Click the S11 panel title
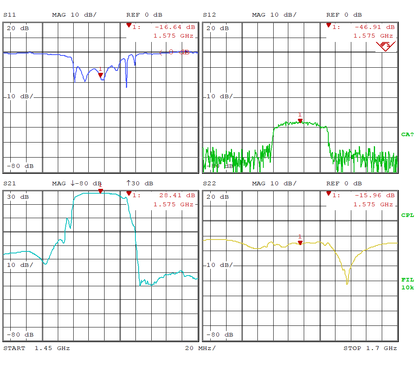point(10,15)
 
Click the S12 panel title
point(209,15)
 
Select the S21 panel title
point(10,184)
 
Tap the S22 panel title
point(209,184)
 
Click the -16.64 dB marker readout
point(175,27)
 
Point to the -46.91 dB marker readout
point(374,27)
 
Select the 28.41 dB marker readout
point(177,196)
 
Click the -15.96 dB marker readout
point(374,196)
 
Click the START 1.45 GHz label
point(36,348)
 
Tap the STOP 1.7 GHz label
point(370,348)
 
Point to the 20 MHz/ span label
point(200,348)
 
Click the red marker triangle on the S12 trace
point(300,120)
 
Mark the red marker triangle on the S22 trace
point(300,242)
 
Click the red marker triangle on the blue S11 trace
point(101,74)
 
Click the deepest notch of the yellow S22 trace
point(347,283)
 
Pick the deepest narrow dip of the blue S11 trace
point(126,87)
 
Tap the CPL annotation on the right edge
point(407,215)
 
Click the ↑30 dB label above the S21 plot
point(139,184)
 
